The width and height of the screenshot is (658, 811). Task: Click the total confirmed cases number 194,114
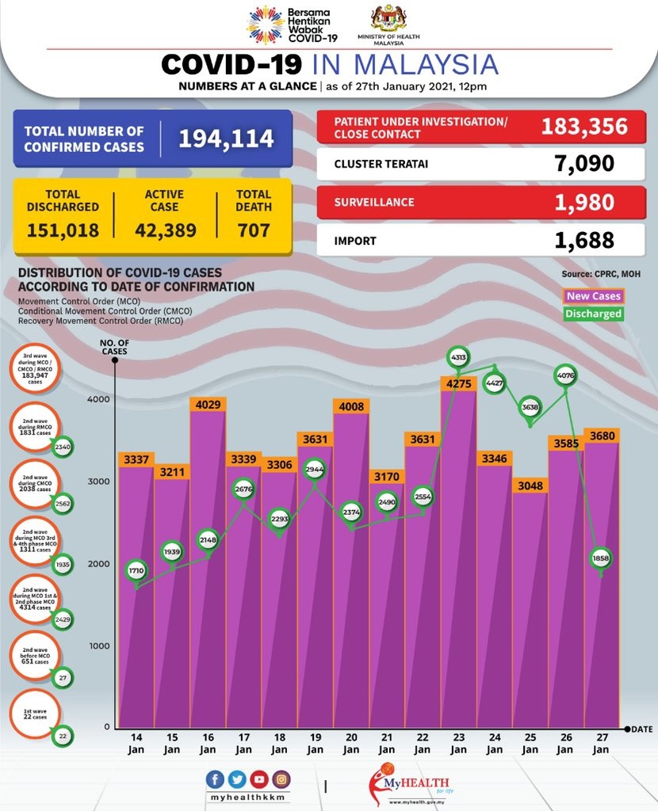[x=226, y=139]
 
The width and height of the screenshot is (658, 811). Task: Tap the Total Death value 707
[x=254, y=230]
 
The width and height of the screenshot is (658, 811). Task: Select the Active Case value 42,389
[x=166, y=230]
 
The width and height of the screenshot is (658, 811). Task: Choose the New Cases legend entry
[x=595, y=296]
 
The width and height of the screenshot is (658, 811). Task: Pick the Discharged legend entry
[x=595, y=314]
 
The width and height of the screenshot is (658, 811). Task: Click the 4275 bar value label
[x=459, y=385]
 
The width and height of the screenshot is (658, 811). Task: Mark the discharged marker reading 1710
[x=137, y=570]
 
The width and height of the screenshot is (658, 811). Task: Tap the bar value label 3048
[x=530, y=485]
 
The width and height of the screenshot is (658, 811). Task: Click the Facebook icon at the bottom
[x=216, y=779]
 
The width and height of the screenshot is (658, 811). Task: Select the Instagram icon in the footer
[x=280, y=779]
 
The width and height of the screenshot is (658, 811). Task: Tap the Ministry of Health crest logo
[x=388, y=19]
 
